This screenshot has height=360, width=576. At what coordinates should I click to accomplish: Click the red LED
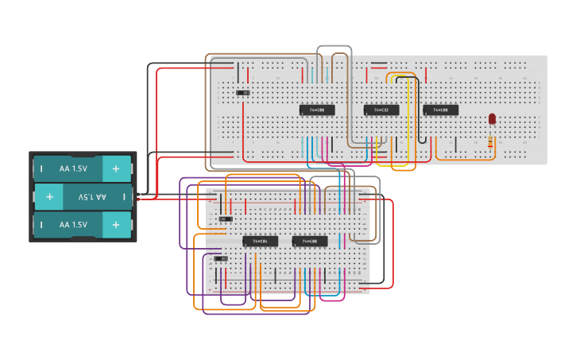[492, 118]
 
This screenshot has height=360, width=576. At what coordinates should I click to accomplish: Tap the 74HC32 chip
[381, 110]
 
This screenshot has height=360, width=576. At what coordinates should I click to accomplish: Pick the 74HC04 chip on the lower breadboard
[260, 241]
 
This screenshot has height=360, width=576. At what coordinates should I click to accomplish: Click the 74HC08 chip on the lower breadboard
[310, 241]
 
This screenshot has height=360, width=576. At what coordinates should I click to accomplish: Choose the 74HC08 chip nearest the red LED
[440, 110]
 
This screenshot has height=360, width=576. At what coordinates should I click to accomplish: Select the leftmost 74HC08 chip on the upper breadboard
[317, 110]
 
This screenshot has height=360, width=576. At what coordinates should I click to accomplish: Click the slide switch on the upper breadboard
[244, 93]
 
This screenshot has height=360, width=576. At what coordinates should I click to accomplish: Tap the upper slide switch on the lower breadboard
[224, 219]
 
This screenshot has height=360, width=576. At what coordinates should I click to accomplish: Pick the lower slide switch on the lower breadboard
[222, 258]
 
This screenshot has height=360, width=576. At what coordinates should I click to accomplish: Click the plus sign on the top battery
[116, 168]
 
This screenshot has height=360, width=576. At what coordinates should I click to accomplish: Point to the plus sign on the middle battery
[49, 196]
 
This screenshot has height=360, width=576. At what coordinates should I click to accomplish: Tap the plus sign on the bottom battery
[116, 225]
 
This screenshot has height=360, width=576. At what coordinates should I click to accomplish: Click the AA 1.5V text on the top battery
[73, 168]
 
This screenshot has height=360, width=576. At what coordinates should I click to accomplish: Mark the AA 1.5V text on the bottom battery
[73, 225]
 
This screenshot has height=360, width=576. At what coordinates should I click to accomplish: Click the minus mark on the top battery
[41, 168]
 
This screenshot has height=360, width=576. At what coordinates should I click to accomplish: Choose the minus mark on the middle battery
[123, 196]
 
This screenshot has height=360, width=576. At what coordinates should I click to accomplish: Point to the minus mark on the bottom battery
[41, 225]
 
